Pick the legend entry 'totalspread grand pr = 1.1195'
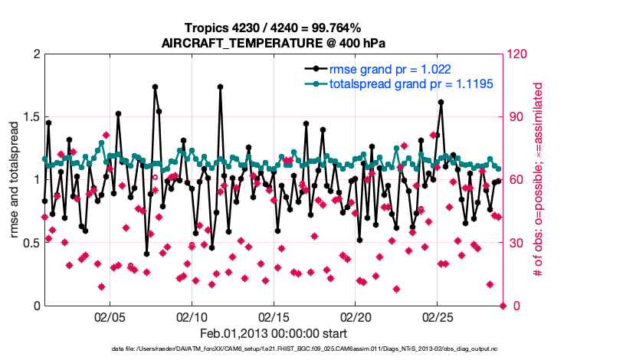(399, 83)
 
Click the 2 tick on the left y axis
(37, 54)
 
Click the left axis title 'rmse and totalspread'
(15, 180)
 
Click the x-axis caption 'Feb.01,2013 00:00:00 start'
(273, 334)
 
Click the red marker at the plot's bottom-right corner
(503, 306)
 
